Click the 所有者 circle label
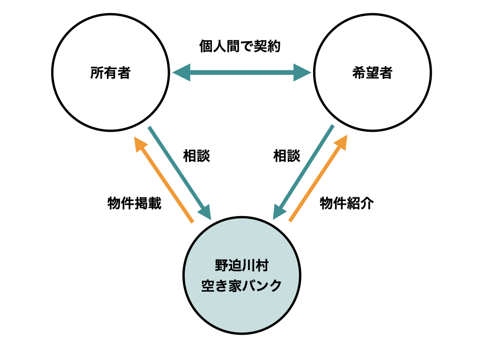click(110, 73)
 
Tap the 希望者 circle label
click(372, 73)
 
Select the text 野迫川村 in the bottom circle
click(241, 265)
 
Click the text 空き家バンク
click(241, 285)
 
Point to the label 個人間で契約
click(240, 46)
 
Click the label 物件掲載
click(135, 203)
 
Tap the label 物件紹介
click(347, 203)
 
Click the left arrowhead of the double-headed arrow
click(182, 73)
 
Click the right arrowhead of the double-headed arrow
click(302, 73)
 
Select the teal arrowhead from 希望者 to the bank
click(279, 211)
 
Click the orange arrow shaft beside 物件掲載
click(169, 185)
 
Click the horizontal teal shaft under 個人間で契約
click(242, 73)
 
